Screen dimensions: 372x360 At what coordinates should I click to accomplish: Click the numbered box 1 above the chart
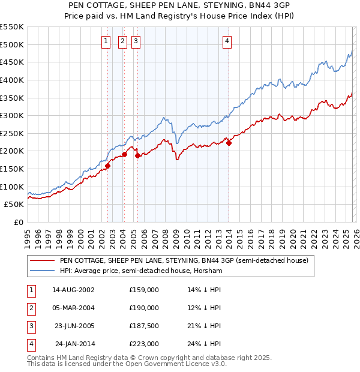(106, 41)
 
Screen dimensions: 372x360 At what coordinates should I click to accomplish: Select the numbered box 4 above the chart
(227, 41)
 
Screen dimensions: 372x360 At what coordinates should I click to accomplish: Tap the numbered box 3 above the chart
(136, 41)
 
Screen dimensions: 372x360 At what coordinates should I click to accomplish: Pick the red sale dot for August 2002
(107, 166)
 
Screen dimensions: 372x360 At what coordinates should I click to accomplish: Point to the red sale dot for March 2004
(124, 154)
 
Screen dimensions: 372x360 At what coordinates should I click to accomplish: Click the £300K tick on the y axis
(12, 115)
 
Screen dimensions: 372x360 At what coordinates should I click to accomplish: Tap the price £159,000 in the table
(144, 290)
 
